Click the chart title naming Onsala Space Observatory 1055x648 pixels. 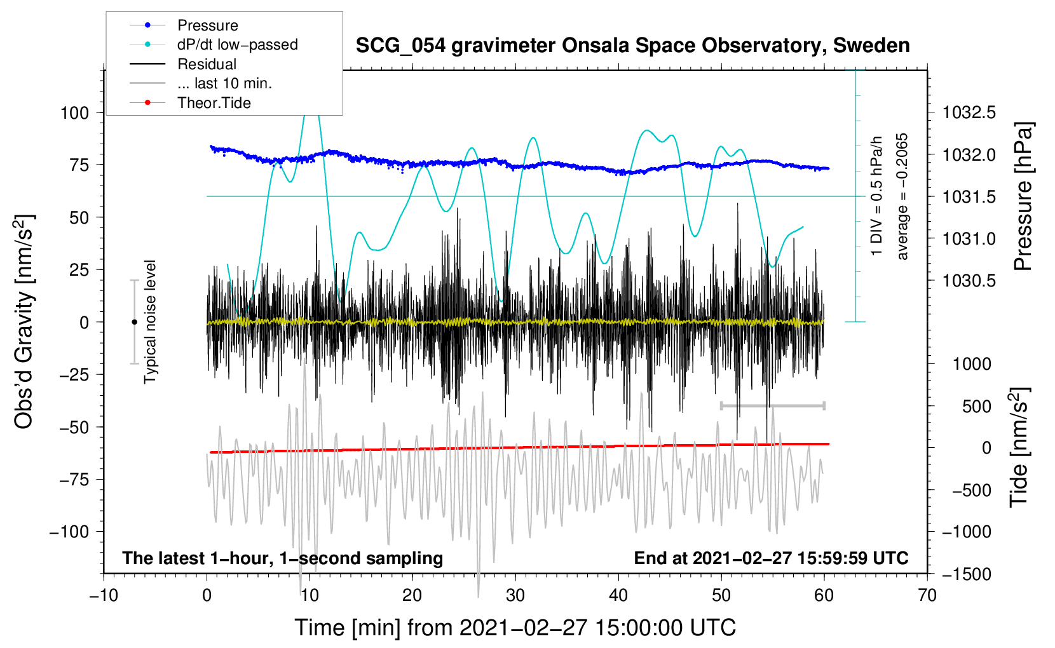click(632, 46)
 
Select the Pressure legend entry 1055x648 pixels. click(207, 25)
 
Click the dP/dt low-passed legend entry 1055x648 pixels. click(237, 44)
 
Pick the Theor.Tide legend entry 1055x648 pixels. click(214, 103)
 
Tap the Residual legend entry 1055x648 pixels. click(207, 64)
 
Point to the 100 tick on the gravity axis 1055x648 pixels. click(74, 113)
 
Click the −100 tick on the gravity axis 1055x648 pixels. click(69, 532)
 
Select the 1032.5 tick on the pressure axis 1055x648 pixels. click(969, 113)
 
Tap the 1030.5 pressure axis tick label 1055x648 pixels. click(969, 281)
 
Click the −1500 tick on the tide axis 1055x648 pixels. click(967, 574)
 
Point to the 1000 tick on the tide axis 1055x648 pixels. click(972, 364)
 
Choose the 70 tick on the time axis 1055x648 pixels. click(927, 595)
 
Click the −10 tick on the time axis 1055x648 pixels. click(104, 595)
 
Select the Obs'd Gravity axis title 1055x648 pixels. click(24, 321)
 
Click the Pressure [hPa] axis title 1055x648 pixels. click(1023, 196)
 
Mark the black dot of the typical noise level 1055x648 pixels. click(134, 322)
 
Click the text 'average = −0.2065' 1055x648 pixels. click(902, 196)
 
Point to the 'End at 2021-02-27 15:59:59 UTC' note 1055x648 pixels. click(771, 558)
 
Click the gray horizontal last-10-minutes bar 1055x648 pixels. click(772, 405)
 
